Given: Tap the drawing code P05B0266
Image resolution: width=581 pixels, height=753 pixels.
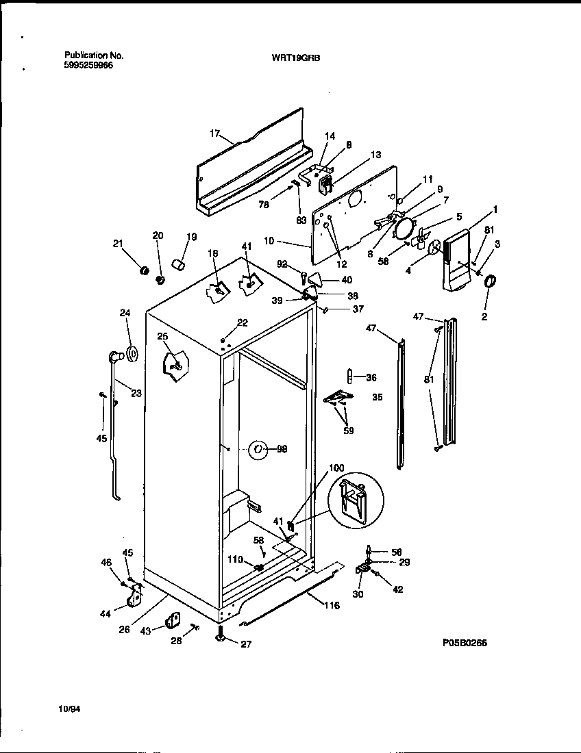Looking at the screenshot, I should click(465, 644).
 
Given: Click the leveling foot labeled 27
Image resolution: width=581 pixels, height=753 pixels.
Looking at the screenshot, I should click(221, 637).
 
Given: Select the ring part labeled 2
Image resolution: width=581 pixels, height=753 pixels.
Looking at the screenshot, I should click(491, 281).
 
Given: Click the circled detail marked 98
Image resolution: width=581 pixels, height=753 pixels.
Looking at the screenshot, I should click(258, 449).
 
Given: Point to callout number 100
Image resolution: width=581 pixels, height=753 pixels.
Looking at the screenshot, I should click(336, 468).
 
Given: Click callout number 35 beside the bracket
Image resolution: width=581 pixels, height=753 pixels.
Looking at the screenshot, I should click(377, 396).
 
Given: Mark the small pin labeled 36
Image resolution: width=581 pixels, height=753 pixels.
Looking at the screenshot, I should click(349, 376).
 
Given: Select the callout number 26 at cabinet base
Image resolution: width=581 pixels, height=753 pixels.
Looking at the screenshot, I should click(124, 630).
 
